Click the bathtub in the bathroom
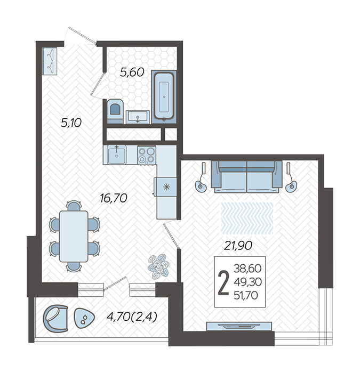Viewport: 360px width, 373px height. (164, 96)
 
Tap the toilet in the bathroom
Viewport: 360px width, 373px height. (115, 111)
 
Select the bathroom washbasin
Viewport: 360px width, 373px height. (138, 117)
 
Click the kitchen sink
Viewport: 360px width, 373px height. (116, 155)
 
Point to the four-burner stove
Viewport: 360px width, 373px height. (147, 155)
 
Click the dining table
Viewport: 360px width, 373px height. (74, 236)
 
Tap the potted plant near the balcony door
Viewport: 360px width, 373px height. (158, 266)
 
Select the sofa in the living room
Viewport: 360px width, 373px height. (246, 176)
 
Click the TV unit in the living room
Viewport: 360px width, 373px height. (239, 326)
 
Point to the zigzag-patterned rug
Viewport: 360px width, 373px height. (247, 218)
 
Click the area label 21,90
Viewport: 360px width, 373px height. (238, 246)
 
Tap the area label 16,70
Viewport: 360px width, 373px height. (114, 198)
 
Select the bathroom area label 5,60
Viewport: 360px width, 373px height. (132, 72)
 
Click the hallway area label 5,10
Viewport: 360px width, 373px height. (71, 123)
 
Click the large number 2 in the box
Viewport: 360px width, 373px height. (223, 282)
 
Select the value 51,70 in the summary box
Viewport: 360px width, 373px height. (246, 295)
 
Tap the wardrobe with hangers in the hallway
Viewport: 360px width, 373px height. (50, 61)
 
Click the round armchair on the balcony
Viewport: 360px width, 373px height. (55, 318)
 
